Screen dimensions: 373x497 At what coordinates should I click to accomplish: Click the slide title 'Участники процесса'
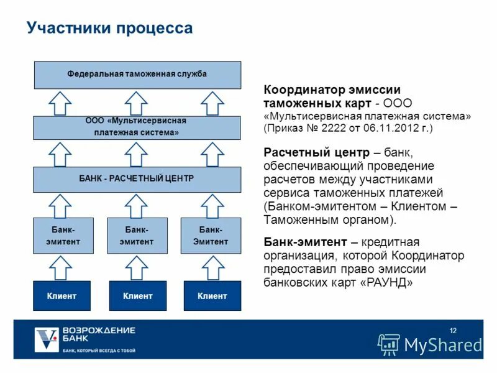coord(110,29)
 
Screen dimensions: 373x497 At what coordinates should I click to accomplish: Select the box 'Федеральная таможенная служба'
coord(137,75)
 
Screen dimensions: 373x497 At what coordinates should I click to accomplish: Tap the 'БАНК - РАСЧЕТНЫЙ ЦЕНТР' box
coord(137,179)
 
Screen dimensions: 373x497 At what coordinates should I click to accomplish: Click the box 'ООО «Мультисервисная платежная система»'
coord(137,127)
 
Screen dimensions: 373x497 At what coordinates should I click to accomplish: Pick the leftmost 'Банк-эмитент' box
coord(63,236)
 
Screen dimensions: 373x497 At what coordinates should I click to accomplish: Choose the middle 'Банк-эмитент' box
coord(137,236)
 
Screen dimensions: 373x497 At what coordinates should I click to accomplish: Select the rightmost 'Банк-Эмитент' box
coord(211,236)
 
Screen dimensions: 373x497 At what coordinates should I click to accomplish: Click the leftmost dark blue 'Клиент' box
coord(62,296)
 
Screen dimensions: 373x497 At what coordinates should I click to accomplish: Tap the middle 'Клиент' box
coord(137,296)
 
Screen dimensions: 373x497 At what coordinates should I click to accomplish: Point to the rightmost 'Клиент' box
coord(212,296)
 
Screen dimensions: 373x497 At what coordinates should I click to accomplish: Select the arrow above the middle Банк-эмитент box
coord(137,205)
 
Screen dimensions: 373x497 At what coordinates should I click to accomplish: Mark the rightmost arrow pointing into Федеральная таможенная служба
coord(212,103)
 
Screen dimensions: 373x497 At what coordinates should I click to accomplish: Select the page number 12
coord(452,329)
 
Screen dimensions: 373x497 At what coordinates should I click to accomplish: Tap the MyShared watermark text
coord(443,344)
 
